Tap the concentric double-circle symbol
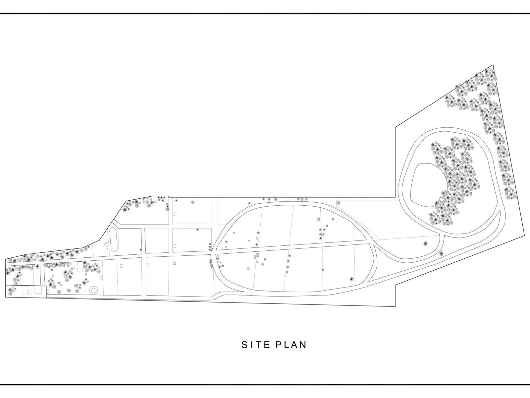(x=93, y=290)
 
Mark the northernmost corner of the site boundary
(x=493, y=65)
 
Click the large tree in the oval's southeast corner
(x=351, y=279)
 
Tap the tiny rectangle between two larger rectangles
(x=30, y=292)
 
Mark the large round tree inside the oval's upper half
(x=318, y=219)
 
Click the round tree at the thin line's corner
(x=338, y=202)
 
